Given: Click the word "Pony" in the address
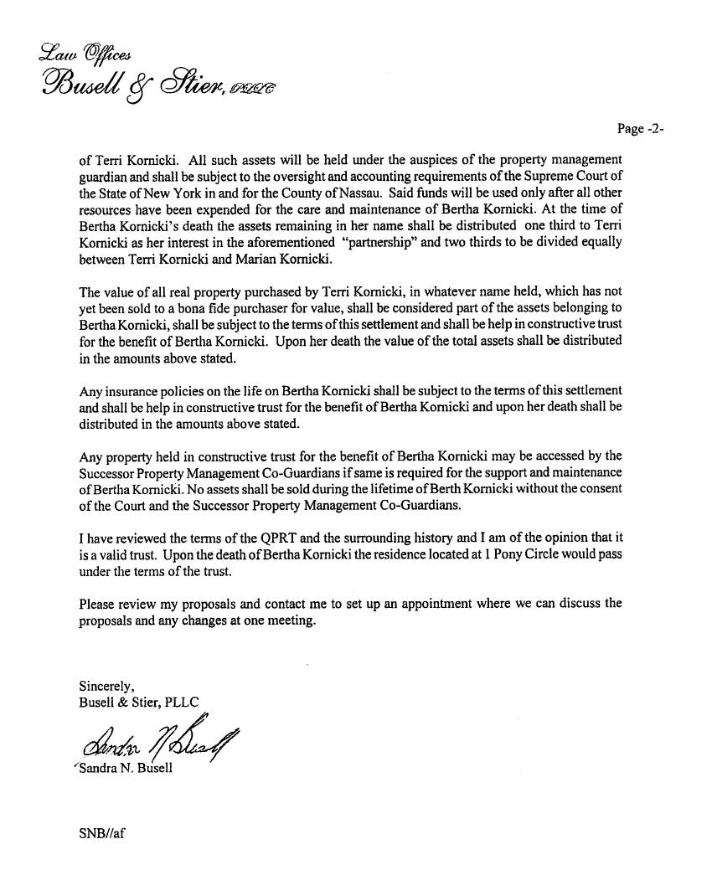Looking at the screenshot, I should point(462,554).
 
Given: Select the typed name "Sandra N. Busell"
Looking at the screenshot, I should point(125,768).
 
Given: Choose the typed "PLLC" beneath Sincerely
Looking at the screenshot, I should point(179,703).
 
